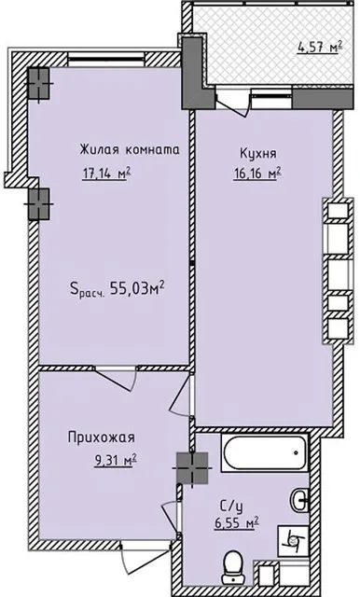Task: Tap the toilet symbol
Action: tap(235, 562)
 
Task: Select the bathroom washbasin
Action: tap(299, 501)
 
